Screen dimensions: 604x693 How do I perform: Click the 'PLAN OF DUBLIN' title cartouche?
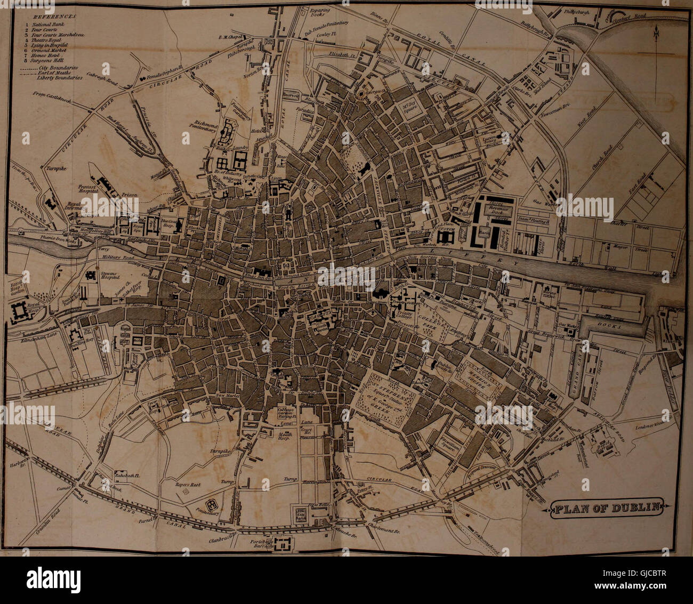pos(608,508)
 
